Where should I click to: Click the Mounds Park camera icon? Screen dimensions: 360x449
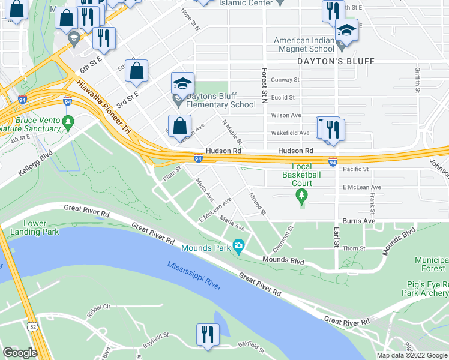pyautogui.click(x=238, y=247)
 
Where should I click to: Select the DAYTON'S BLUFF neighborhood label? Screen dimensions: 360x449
pyautogui.click(x=336, y=61)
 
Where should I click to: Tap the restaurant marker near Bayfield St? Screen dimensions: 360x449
pyautogui.click(x=208, y=335)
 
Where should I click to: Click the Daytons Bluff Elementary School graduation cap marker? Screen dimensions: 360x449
pyautogui.click(x=182, y=84)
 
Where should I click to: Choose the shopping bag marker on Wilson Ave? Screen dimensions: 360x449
pyautogui.click(x=179, y=126)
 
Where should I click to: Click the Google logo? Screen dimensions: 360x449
pyautogui.click(x=20, y=353)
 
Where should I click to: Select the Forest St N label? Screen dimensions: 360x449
pyautogui.click(x=264, y=83)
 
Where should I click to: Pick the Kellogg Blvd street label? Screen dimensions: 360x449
pyautogui.click(x=35, y=163)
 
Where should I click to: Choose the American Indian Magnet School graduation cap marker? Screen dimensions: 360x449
pyautogui.click(x=346, y=31)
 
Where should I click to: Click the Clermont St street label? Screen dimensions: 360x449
pyautogui.click(x=285, y=238)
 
